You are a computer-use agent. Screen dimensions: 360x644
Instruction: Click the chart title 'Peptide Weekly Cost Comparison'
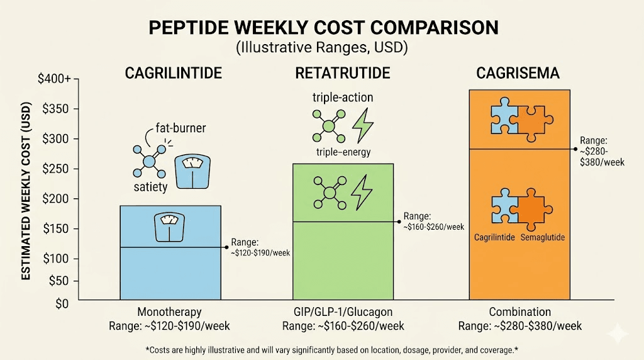click(x=322, y=28)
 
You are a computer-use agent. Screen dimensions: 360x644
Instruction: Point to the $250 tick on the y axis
click(x=57, y=169)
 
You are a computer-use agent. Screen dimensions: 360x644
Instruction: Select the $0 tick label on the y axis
click(x=62, y=304)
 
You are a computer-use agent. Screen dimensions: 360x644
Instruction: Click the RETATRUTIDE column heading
click(x=343, y=74)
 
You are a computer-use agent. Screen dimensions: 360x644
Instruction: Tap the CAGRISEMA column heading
click(x=519, y=74)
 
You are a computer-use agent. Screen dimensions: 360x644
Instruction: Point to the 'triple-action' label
click(x=343, y=98)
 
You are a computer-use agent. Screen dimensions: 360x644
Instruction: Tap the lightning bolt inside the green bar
click(x=362, y=193)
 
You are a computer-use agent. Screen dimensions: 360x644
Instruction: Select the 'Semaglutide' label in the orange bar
click(x=543, y=237)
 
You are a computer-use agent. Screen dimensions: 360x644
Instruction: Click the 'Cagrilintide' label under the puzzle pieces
click(x=494, y=237)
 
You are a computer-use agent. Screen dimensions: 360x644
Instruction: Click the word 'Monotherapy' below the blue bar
click(x=170, y=312)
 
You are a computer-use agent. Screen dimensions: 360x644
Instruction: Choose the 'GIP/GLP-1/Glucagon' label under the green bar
click(x=343, y=312)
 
